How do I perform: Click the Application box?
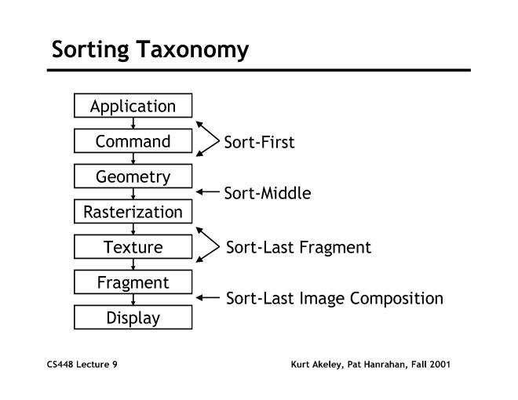coord(133,106)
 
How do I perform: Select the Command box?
coord(133,141)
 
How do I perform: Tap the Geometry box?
coord(133,176)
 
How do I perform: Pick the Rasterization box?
coord(133,212)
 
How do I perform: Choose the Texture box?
coord(133,247)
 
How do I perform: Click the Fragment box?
coord(133,282)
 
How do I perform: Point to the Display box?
coord(133,318)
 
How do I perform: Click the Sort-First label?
coord(259,143)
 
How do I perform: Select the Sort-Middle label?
coord(268,193)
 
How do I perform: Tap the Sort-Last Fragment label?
coord(298,248)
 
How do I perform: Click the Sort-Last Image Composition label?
coord(334,299)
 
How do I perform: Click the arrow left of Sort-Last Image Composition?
coord(207,298)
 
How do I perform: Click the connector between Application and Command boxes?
coord(133,124)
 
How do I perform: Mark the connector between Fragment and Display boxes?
coord(133,300)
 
